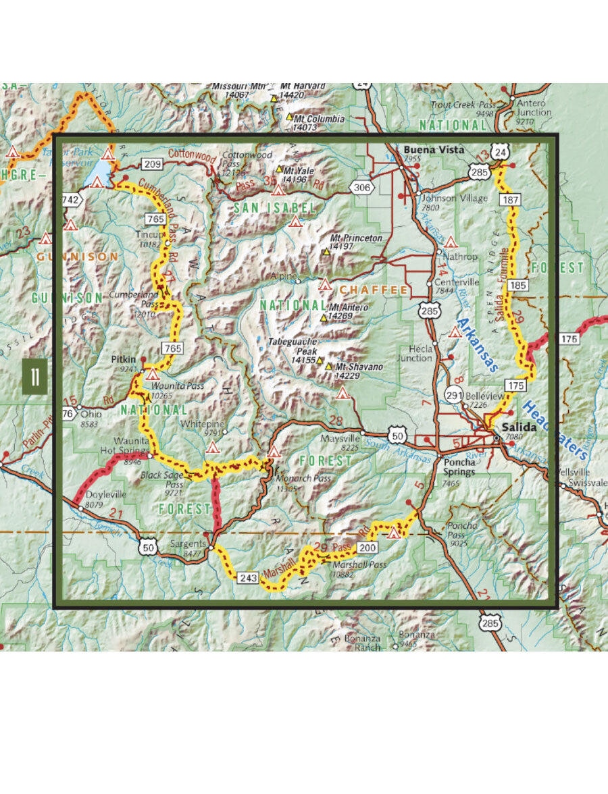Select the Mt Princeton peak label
pyautogui.click(x=356, y=238)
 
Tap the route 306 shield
pyautogui.click(x=362, y=188)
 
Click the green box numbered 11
pyautogui.click(x=34, y=377)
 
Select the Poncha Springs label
pyautogui.click(x=460, y=467)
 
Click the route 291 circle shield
pyautogui.click(x=454, y=396)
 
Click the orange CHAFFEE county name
pyautogui.click(x=364, y=290)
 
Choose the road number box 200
pyautogui.click(x=366, y=547)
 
